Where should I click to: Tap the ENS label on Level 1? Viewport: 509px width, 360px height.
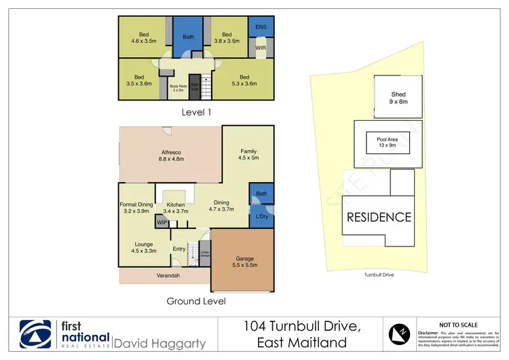click(x=261, y=27)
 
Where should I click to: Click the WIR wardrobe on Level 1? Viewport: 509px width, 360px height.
click(x=261, y=48)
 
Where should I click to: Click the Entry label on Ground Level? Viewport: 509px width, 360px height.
click(x=178, y=249)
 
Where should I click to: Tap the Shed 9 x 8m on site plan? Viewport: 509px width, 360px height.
click(x=398, y=98)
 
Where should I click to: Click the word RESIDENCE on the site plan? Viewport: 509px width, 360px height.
click(x=379, y=217)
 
